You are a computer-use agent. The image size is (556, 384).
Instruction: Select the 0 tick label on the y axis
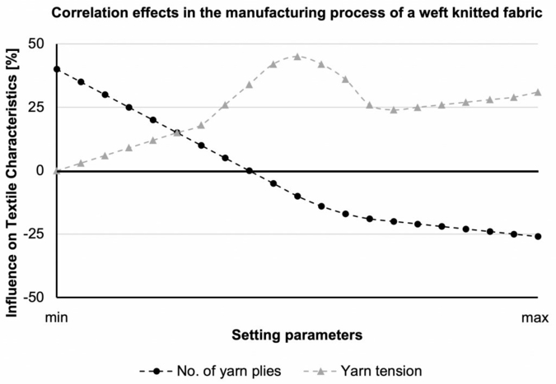point(38,170)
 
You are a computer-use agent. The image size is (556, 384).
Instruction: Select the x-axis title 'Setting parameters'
point(297,335)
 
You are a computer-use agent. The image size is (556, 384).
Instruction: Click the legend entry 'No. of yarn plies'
point(218,371)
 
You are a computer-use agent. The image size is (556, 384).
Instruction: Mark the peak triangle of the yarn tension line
point(297,57)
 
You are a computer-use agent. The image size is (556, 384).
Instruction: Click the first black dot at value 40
point(57,69)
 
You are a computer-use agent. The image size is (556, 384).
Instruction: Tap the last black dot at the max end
point(538,236)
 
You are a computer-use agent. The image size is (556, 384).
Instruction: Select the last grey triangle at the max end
point(538,92)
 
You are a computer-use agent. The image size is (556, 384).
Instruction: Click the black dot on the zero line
point(250,170)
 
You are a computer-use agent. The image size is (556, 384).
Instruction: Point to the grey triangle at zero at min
point(57,170)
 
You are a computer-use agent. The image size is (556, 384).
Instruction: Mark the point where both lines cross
point(177,132)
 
